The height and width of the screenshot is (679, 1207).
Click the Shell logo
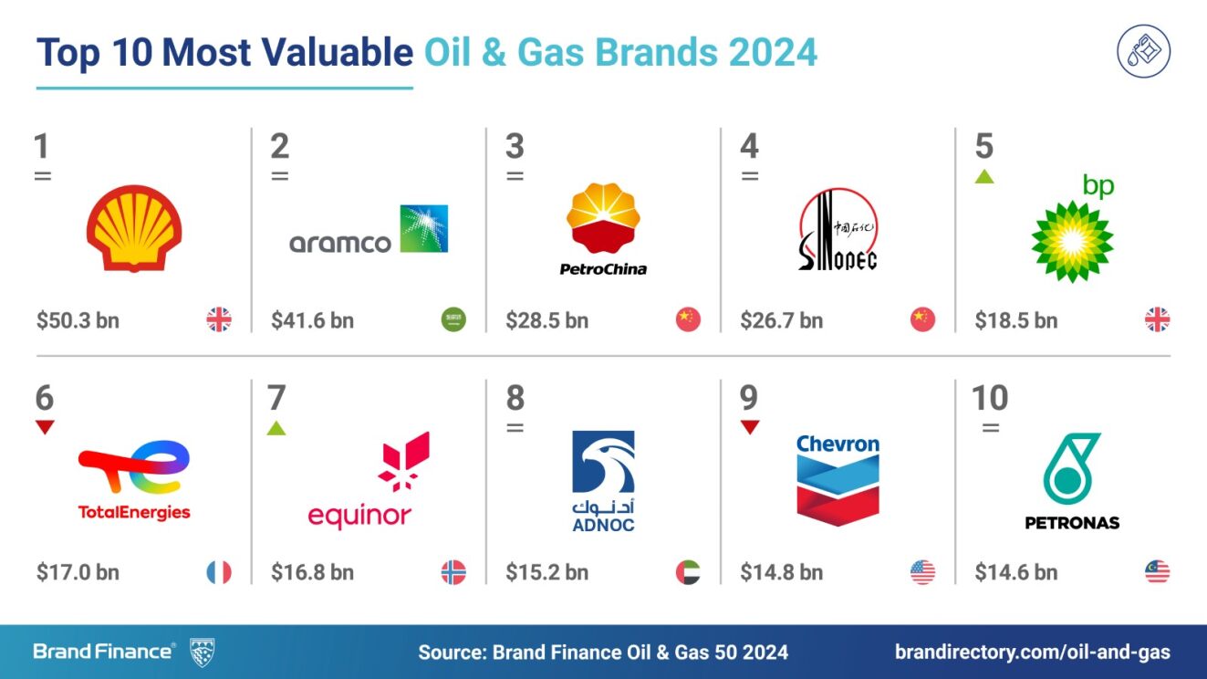tap(134, 228)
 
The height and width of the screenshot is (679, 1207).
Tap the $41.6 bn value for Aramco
tap(313, 320)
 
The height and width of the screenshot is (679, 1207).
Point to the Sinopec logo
tap(838, 230)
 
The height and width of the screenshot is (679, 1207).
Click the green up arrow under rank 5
tap(984, 177)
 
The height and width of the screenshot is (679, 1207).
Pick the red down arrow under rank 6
tap(45, 427)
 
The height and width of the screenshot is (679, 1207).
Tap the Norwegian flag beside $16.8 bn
tap(453, 572)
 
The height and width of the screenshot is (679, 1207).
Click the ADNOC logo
tap(604, 481)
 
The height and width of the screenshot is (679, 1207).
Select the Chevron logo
tap(838, 480)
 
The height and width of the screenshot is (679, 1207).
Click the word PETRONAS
tap(1072, 523)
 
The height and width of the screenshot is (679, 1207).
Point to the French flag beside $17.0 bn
tap(219, 572)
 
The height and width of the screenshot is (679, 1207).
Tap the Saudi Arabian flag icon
tap(453, 319)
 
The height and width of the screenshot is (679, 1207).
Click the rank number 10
tap(990, 398)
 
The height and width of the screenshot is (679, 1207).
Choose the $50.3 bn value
tap(78, 320)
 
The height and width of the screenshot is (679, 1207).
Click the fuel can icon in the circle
tap(1144, 52)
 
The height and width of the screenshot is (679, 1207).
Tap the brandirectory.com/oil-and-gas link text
tap(1033, 652)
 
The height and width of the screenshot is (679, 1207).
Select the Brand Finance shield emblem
tap(202, 652)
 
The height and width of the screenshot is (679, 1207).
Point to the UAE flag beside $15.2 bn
tap(688, 572)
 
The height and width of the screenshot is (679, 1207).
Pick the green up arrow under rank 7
tap(276, 428)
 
